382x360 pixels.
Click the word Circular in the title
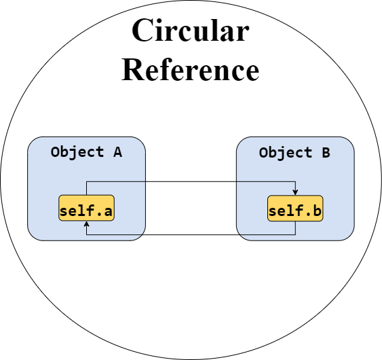click(191, 30)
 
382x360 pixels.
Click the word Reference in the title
click(190, 69)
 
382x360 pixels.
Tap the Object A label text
click(86, 152)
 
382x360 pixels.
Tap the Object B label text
click(294, 153)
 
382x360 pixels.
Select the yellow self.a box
click(86, 208)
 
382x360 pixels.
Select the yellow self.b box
click(295, 209)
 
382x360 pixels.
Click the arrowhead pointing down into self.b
click(295, 192)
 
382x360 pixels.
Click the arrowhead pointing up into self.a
click(86, 224)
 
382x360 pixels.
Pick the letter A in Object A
click(117, 152)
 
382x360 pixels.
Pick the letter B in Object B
click(326, 152)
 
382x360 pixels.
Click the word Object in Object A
click(77, 152)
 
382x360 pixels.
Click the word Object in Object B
click(286, 153)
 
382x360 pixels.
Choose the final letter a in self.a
click(108, 211)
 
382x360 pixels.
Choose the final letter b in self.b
click(317, 211)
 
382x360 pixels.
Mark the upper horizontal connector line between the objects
click(191, 181)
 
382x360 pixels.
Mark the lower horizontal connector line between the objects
click(191, 234)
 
